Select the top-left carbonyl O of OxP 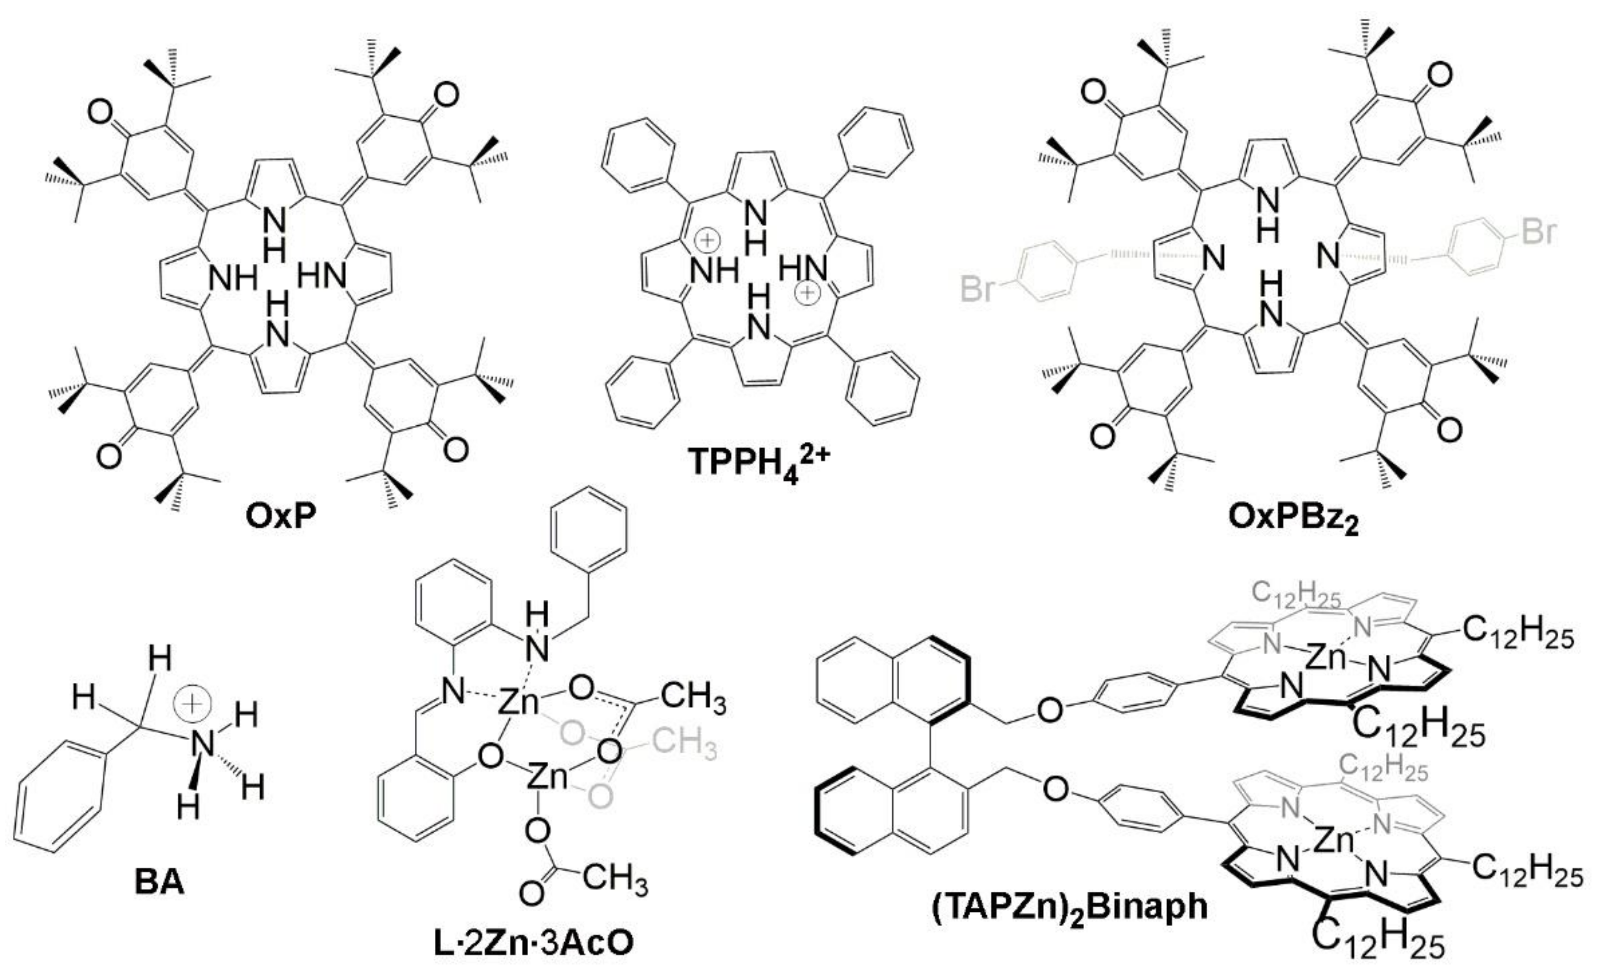tap(101, 114)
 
